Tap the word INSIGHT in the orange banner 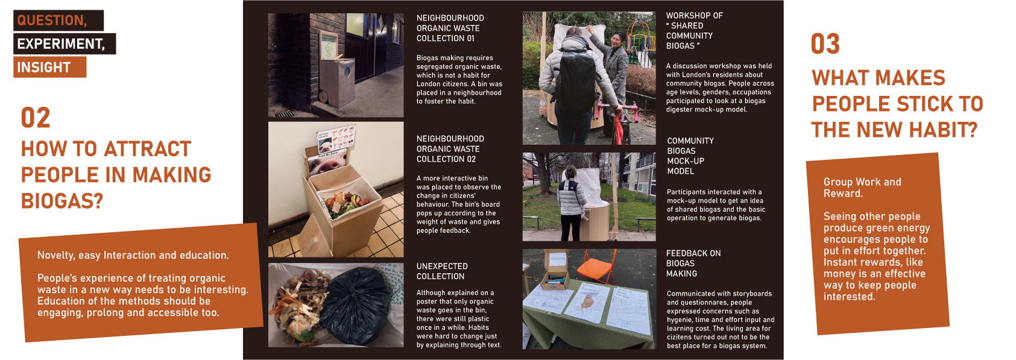[x=43, y=67]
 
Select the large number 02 [x=36, y=118]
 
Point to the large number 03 [x=825, y=44]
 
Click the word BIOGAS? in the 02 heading [x=62, y=200]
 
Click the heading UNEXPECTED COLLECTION [x=442, y=271]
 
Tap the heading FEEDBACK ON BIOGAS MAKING [x=693, y=264]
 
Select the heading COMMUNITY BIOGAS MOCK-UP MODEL [x=690, y=156]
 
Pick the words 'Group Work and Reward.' [x=862, y=188]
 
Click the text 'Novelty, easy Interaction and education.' [x=133, y=255]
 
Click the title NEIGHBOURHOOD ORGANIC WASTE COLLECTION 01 [x=450, y=28]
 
